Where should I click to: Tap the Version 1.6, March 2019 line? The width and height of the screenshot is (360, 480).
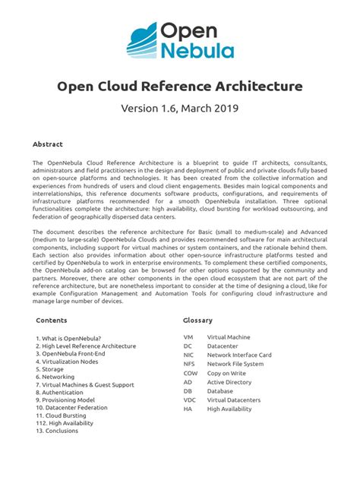click(180, 108)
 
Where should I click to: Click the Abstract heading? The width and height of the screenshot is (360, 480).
click(47, 144)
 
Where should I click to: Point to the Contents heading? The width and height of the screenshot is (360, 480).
click(51, 321)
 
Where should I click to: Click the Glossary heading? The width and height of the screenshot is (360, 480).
click(197, 321)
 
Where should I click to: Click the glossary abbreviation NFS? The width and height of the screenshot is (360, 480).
click(190, 364)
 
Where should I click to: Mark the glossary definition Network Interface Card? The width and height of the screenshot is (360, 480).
click(239, 355)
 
